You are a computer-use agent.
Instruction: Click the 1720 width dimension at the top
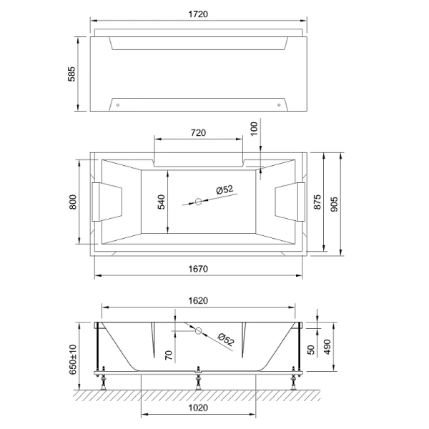(199, 14)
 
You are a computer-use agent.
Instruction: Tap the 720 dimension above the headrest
(198, 132)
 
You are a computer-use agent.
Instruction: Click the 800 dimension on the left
(71, 202)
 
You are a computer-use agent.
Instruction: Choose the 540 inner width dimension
(162, 202)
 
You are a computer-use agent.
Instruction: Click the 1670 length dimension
(198, 269)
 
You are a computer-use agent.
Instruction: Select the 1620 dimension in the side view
(198, 301)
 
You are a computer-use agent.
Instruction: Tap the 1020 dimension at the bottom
(198, 408)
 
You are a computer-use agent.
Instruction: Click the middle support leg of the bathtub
(198, 381)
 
